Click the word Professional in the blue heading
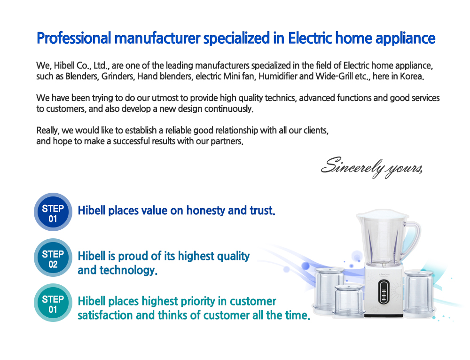click(74, 39)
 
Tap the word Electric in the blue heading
click(310, 38)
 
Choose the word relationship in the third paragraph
click(236, 130)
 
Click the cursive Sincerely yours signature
click(372, 167)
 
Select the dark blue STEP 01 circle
click(53, 212)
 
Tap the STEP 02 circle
click(53, 258)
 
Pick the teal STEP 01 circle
click(53, 303)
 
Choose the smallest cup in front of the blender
click(348, 300)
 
